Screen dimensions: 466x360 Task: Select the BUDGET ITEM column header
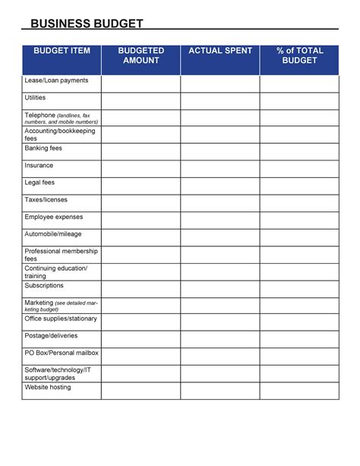point(62,51)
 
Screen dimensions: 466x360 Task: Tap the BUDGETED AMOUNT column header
point(141,55)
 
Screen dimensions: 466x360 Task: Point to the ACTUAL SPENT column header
point(219,51)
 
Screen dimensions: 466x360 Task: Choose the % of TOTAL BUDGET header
point(299,55)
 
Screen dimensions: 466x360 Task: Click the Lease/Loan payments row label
point(56,81)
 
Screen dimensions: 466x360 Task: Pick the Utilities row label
point(35,98)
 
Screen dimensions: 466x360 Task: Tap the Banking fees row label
point(43,148)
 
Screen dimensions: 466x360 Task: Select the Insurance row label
point(39,165)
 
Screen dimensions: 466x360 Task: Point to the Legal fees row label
point(39,182)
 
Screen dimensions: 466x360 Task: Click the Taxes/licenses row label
point(46,200)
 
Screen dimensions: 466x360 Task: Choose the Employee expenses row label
point(54,217)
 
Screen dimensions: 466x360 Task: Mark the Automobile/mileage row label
point(53,234)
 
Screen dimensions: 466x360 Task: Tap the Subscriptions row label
point(44,286)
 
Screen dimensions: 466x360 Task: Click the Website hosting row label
point(48,388)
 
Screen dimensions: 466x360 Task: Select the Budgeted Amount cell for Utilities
point(141,101)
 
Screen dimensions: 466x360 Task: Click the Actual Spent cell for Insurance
point(219,169)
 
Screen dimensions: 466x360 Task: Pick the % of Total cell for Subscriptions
point(299,289)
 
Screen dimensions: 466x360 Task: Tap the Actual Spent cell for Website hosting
point(219,391)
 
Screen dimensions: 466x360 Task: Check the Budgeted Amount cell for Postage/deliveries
point(141,340)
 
